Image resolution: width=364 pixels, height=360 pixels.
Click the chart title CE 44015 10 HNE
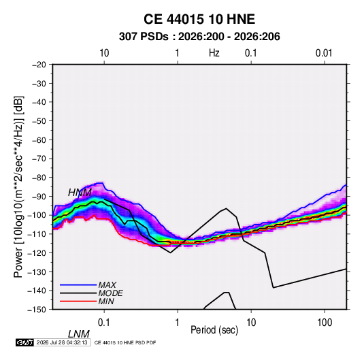(199, 19)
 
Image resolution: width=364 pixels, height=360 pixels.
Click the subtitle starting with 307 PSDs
(199, 37)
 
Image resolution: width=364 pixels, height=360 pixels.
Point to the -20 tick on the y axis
(39, 65)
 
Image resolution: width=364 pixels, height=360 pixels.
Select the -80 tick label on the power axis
(39, 178)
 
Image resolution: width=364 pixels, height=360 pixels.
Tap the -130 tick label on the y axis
(37, 272)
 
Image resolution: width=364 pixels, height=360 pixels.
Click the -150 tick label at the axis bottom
(37, 310)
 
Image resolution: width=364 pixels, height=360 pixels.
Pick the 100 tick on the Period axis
(325, 323)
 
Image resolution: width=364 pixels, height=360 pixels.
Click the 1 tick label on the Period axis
(178, 323)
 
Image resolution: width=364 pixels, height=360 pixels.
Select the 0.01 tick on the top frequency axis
(324, 53)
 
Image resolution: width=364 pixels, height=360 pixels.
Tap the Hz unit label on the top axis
(214, 53)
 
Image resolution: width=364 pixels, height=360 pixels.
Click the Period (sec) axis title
(214, 330)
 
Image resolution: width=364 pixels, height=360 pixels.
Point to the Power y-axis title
(18, 186)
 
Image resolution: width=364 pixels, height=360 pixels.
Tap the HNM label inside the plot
(80, 193)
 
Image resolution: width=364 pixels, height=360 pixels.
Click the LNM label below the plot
(79, 334)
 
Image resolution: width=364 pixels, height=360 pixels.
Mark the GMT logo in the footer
(24, 342)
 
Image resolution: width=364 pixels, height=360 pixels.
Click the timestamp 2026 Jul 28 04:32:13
(62, 342)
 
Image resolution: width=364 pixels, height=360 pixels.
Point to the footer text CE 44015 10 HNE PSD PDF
(125, 342)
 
